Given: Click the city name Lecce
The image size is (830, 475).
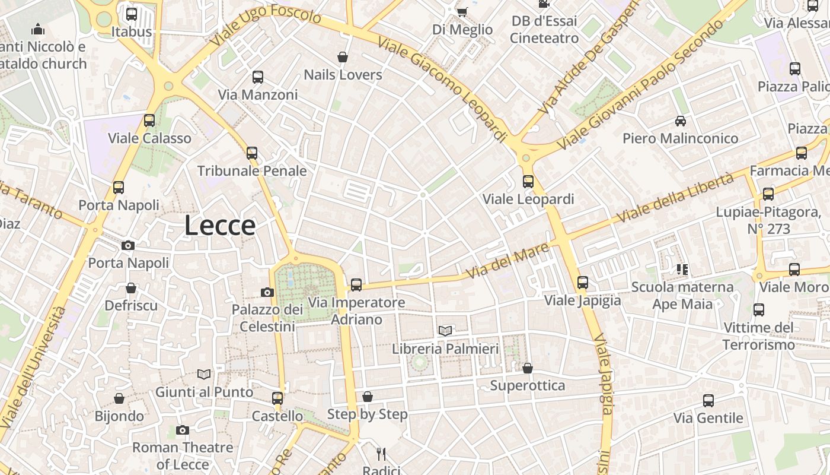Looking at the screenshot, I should pos(219,226).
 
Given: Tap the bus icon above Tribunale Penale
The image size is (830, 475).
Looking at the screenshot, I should pos(252,153).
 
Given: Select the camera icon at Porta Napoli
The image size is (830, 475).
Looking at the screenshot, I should pos(127,245).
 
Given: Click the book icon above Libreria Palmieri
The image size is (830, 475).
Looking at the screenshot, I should pos(445,331).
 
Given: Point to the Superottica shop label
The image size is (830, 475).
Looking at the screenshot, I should pos(527,386).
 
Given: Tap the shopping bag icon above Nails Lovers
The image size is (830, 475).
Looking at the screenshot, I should pos(342,57).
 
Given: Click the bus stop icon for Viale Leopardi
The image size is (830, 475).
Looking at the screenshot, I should pos(528,181).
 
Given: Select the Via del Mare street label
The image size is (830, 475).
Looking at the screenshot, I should pos(507,262).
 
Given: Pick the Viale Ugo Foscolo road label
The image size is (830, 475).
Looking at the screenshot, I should pos(266,26).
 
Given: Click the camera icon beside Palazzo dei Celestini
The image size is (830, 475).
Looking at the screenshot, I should pos(267,292).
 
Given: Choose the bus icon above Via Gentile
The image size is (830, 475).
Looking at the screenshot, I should pos(708,401).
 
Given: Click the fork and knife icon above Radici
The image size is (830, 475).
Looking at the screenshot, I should pos(381,454).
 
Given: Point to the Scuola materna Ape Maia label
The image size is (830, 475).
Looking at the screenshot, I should pos(682,296).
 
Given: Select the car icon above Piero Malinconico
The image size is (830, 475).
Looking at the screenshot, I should pos(681,121).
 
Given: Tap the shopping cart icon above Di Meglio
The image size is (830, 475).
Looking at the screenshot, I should pos(462,12).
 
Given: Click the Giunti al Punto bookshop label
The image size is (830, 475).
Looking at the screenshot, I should pos(204,392).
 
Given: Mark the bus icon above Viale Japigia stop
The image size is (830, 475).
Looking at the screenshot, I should pos(583,283).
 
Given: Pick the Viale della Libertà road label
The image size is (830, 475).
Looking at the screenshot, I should pos(675,198).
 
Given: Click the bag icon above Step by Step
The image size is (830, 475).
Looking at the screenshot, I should pos(368,397).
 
